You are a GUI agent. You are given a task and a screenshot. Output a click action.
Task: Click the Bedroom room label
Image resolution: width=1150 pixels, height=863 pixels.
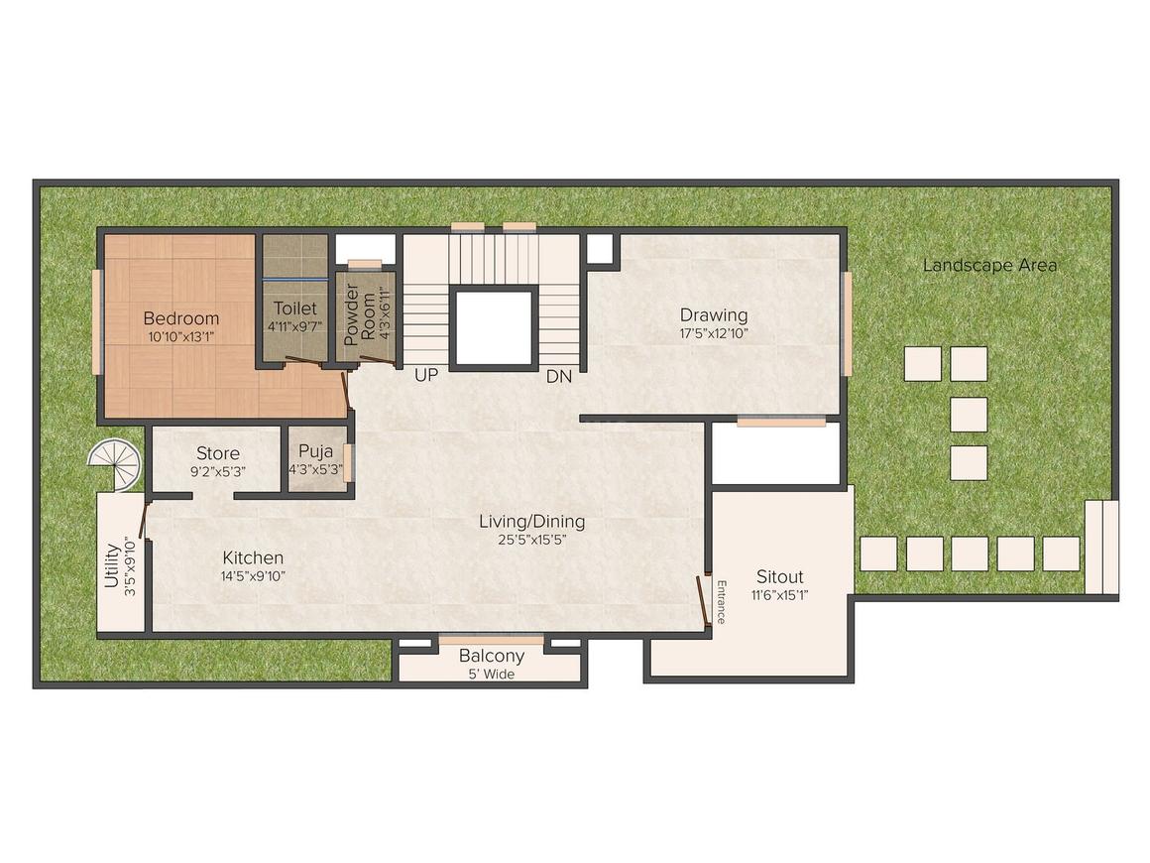point(180,318)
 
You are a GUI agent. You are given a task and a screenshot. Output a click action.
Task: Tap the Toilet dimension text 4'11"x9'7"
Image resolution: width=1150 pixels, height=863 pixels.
point(294,325)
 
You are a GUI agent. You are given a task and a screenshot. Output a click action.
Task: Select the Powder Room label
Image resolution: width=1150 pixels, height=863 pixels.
point(351,315)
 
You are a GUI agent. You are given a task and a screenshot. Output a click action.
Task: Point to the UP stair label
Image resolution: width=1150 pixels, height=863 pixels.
point(425,377)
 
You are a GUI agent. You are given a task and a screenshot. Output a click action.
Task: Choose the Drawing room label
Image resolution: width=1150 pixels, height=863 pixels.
point(713,315)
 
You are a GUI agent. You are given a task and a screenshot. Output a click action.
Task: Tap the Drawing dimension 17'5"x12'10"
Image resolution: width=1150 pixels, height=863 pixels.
point(713,334)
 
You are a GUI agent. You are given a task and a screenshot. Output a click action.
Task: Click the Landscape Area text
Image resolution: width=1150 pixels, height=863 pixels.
point(988,265)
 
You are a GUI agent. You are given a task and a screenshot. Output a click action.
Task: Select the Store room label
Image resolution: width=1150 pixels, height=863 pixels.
point(217,453)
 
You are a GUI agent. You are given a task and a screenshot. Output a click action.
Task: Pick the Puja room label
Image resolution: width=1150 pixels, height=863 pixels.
point(314,453)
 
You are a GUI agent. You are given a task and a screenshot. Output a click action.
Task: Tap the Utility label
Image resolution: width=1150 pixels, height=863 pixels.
point(112,563)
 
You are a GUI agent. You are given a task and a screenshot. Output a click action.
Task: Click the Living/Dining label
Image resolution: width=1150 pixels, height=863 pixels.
point(531,521)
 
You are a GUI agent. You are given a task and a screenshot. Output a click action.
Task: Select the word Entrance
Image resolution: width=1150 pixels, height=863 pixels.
point(721,601)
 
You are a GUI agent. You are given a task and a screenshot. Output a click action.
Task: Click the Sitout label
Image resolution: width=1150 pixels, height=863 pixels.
point(779,576)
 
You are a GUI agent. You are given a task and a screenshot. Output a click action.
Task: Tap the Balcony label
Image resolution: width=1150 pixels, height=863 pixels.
point(491,656)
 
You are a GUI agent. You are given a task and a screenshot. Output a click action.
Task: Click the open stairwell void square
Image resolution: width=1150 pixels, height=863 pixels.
point(494,327)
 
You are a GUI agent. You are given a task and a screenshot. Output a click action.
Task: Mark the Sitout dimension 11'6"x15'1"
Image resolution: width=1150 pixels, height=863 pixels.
point(779,595)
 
